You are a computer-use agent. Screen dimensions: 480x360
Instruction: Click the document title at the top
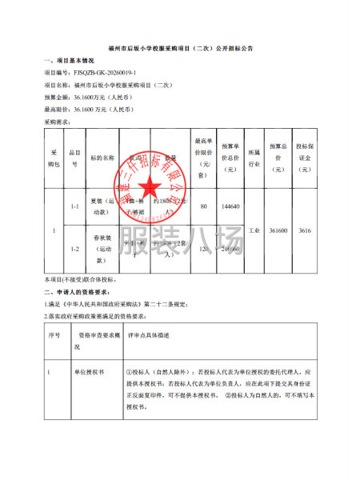click(x=179, y=49)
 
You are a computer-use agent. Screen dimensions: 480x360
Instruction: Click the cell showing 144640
click(x=230, y=206)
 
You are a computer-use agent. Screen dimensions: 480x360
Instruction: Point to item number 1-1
click(x=74, y=206)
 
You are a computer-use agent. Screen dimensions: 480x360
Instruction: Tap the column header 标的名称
click(x=103, y=158)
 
